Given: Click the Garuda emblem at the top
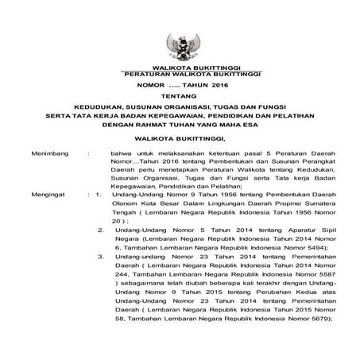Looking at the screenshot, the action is click(x=180, y=46).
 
